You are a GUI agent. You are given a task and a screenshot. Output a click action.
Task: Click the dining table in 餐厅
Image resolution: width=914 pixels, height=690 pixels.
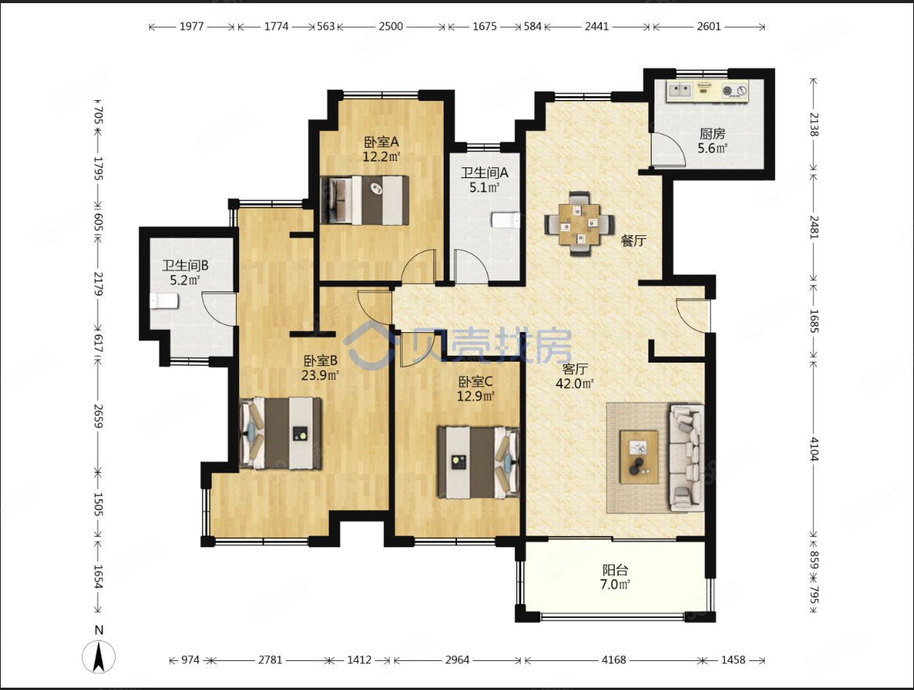(580, 223)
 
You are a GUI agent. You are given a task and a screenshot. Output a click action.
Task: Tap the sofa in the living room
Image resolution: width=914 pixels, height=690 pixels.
(686, 457)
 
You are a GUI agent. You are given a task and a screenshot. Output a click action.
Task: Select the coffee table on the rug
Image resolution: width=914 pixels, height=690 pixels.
(639, 456)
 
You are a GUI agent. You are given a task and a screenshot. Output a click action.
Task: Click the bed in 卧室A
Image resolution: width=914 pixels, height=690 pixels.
(365, 200)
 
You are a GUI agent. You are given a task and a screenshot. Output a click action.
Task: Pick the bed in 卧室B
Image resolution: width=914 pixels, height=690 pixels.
(280, 433)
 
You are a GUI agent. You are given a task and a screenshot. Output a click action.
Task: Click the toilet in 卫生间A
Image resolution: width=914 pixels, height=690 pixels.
(505, 220)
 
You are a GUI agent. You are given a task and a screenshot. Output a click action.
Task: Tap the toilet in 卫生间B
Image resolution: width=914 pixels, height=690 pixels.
(164, 301)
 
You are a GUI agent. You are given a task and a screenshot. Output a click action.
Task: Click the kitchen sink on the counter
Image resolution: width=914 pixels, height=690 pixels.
(680, 90)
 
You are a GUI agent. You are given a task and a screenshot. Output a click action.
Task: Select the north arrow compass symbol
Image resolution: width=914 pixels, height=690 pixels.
(99, 656)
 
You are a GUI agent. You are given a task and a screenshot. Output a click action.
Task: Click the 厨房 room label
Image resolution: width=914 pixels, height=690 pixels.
(712, 134)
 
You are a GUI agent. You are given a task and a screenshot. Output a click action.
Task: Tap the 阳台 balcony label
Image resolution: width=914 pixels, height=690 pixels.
(615, 570)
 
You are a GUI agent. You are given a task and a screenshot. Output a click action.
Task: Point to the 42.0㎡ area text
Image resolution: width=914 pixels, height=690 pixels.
(575, 383)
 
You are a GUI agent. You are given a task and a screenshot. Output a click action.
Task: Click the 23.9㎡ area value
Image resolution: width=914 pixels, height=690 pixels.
(320, 375)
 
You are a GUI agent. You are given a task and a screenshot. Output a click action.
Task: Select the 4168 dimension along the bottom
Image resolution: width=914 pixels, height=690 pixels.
(614, 660)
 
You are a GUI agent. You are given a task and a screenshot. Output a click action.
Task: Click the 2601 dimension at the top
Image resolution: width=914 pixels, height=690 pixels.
(709, 27)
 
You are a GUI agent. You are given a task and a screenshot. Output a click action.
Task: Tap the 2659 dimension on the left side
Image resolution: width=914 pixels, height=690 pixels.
(98, 416)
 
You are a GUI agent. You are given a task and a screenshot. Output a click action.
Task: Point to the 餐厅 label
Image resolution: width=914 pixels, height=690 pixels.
(634, 241)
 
